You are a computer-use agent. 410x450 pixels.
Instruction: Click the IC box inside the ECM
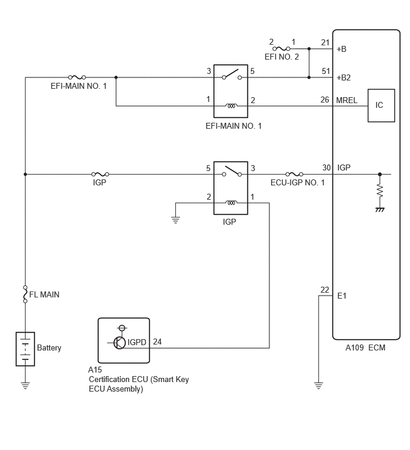381,105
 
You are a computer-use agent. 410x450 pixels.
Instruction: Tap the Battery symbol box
25,349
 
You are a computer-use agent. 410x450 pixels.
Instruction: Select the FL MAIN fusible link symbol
25,294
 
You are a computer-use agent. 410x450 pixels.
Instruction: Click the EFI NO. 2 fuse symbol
281,49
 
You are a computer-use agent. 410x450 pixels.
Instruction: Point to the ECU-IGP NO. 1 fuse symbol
294,174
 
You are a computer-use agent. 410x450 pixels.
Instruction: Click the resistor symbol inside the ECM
380,191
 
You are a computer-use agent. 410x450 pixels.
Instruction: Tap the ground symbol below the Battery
25,386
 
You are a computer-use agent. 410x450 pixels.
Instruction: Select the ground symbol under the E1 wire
318,386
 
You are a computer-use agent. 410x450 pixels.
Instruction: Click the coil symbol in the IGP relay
231,203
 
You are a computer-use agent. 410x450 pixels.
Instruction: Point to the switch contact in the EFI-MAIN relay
232,75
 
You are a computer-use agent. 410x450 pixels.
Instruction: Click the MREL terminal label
347,100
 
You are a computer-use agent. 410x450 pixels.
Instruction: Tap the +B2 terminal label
343,77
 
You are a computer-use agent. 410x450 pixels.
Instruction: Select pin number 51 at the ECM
325,71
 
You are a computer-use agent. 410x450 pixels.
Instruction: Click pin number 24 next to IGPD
157,342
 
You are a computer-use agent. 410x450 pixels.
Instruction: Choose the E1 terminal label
341,296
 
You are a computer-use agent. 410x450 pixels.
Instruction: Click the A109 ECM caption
365,347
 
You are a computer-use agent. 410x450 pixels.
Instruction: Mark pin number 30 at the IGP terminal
327,167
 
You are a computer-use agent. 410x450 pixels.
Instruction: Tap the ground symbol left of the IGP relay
176,221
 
